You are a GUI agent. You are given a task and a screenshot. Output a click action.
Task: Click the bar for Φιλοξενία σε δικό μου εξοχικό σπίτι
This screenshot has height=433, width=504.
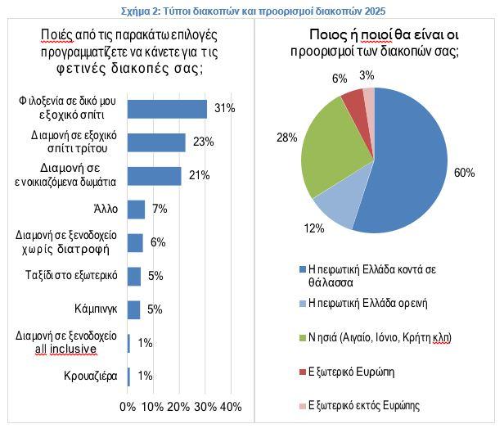[x=168, y=109]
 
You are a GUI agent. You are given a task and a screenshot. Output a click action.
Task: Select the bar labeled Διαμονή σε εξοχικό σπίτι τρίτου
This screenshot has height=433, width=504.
[x=157, y=142]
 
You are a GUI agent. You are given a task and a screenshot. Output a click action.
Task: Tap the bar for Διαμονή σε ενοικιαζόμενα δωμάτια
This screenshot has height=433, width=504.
[x=155, y=176]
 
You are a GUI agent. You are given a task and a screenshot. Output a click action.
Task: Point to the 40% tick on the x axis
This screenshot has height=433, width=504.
[x=232, y=407]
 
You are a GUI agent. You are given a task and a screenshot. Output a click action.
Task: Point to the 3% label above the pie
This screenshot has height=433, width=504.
[x=367, y=76]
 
